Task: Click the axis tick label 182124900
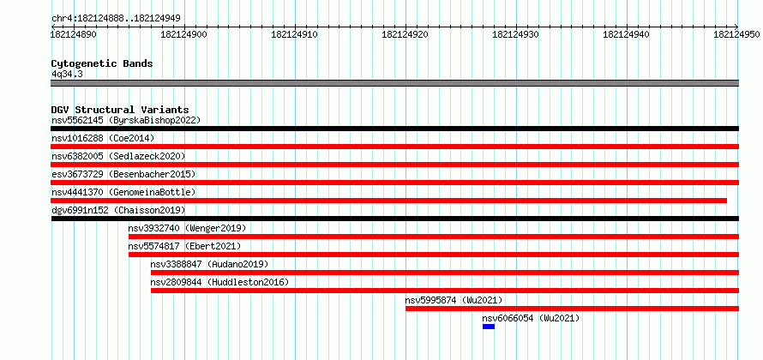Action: pyautogui.click(x=183, y=34)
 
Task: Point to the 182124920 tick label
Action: pyautogui.click(x=406, y=34)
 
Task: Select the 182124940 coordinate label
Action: pyautogui.click(x=627, y=34)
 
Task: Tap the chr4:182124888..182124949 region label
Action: pyautogui.click(x=116, y=19)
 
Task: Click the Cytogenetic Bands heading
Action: pyautogui.click(x=102, y=63)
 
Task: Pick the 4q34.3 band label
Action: pyautogui.click(x=67, y=74)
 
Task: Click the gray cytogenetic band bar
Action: pyautogui.click(x=394, y=82)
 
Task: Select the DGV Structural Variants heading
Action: pyautogui.click(x=120, y=110)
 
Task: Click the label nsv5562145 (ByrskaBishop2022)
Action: pyautogui.click(x=126, y=120)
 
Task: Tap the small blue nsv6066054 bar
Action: pyautogui.click(x=489, y=327)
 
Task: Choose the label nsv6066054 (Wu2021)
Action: pyautogui.click(x=531, y=318)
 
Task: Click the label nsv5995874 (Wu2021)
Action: pyautogui.click(x=454, y=300)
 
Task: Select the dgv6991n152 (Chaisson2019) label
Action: pyautogui.click(x=118, y=210)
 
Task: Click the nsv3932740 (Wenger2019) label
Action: pyautogui.click(x=187, y=228)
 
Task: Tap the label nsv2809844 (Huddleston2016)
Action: pyautogui.click(x=219, y=282)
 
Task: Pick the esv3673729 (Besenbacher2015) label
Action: pyautogui.click(x=123, y=174)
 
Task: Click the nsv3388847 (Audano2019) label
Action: pyautogui.click(x=209, y=264)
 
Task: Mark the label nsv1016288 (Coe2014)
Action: pyautogui.click(x=103, y=138)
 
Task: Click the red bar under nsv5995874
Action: pyautogui.click(x=573, y=309)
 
